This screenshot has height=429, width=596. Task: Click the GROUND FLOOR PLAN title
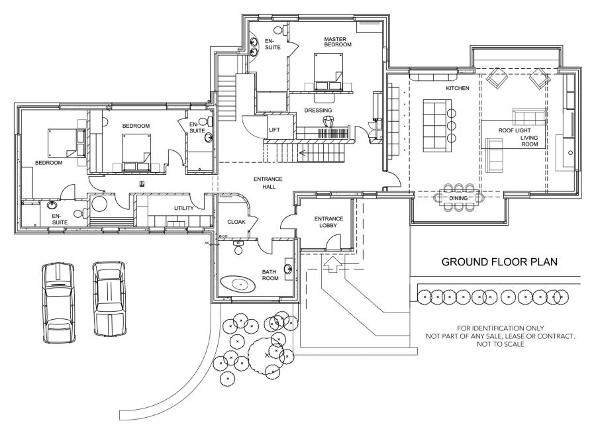[x=499, y=262]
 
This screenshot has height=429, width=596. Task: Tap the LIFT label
[x=274, y=130]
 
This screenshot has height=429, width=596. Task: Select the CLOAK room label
[x=236, y=222]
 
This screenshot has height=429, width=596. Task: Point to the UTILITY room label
[x=184, y=208]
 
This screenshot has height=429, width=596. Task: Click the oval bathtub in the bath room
[x=238, y=284]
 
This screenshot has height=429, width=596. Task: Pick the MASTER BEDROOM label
[x=338, y=42]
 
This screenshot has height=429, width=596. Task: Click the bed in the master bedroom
[x=328, y=71]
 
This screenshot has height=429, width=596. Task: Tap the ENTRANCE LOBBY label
[x=328, y=222]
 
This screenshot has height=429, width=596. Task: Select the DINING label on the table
[x=458, y=198]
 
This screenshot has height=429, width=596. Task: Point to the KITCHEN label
[x=458, y=88]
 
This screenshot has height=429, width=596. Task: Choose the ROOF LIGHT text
[x=515, y=130]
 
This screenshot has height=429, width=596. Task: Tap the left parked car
[x=58, y=303]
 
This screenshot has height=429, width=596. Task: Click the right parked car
[x=109, y=299]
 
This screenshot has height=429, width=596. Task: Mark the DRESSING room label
[x=318, y=110]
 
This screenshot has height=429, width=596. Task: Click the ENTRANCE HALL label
[x=268, y=183]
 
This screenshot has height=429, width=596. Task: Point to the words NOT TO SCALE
[x=500, y=344]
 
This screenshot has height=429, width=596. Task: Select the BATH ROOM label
[x=270, y=275]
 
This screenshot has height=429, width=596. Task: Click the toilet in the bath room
[x=238, y=248]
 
